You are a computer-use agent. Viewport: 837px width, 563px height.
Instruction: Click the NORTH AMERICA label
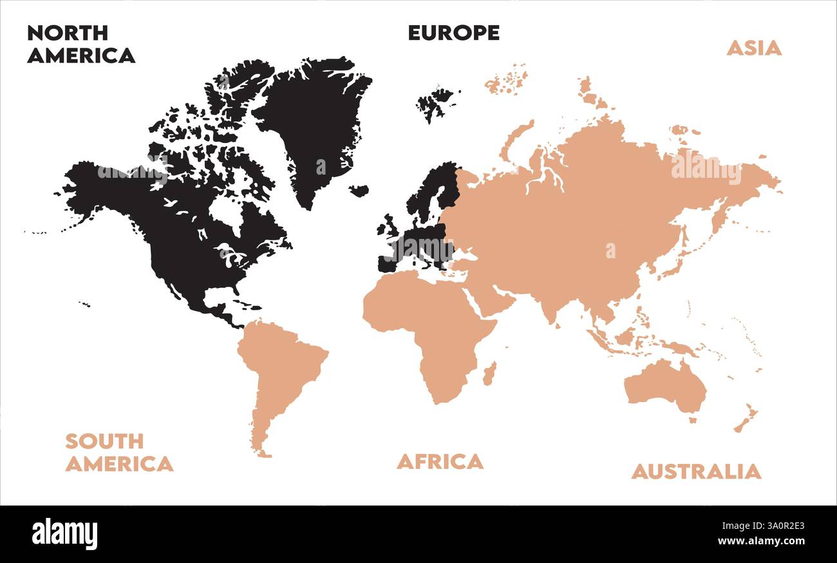(81, 44)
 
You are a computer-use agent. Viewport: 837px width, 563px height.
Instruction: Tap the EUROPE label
(453, 33)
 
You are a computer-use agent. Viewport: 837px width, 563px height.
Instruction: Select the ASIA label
(754, 48)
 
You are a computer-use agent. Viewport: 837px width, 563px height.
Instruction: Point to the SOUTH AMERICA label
(119, 452)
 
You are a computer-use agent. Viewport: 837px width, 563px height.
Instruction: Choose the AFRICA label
(440, 461)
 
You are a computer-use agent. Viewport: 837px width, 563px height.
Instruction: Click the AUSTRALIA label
(695, 471)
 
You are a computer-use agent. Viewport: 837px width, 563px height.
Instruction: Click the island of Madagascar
(489, 374)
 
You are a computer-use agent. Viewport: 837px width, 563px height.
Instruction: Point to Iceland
(359, 191)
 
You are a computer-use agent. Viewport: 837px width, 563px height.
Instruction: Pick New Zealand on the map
(746, 419)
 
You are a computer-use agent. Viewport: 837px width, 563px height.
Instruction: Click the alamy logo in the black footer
(64, 534)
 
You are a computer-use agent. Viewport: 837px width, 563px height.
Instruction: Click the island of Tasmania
(693, 420)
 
